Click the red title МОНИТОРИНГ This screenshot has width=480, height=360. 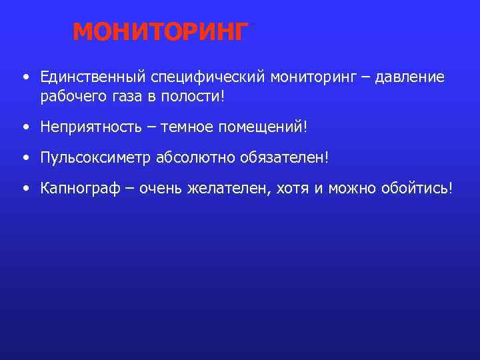[160, 31]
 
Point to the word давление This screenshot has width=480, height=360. [409, 77]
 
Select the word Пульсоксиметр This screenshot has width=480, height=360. [95, 158]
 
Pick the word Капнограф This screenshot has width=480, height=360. [79, 189]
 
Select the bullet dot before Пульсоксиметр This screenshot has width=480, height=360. [25, 159]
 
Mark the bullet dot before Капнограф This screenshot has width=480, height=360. [25, 189]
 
